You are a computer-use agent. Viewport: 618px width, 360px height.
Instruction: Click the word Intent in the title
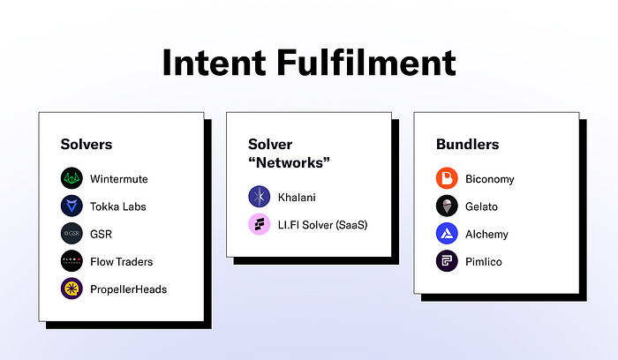tap(215, 63)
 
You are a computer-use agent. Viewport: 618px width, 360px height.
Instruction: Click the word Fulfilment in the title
tap(366, 63)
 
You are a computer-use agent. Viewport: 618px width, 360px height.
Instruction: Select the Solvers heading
tap(87, 144)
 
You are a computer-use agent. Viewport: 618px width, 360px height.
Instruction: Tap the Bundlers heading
tap(467, 144)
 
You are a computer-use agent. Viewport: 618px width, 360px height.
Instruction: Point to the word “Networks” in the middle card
tap(289, 162)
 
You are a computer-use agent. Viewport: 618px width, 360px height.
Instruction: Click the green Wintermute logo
tap(72, 178)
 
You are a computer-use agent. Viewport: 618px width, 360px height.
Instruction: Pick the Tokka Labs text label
tap(117, 206)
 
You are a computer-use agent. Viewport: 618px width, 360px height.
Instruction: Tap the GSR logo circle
tap(72, 234)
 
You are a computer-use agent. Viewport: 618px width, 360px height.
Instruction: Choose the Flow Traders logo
tap(72, 261)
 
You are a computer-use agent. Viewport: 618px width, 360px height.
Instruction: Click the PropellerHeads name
tap(129, 289)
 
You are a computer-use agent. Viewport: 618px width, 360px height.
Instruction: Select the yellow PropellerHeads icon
tap(72, 289)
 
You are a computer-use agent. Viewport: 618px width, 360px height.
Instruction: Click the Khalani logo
tap(260, 197)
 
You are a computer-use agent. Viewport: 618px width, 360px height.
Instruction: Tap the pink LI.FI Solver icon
tap(260, 224)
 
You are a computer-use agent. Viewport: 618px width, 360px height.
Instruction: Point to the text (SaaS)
tap(351, 225)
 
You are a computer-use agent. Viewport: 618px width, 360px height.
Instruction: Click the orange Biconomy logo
tap(447, 178)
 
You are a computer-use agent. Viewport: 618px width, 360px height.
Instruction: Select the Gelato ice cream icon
tap(447, 206)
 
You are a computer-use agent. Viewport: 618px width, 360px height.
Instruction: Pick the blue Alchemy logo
tap(447, 234)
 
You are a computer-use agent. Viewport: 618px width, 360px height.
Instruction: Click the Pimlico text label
tap(484, 261)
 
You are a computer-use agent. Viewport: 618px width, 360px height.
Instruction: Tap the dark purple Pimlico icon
tap(447, 261)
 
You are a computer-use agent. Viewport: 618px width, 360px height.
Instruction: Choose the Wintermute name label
tap(119, 179)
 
